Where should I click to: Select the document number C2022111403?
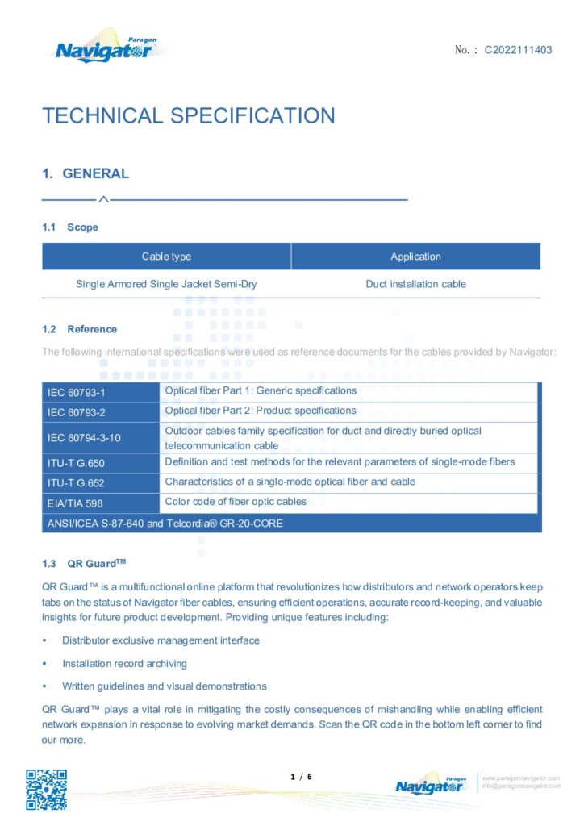[518, 50]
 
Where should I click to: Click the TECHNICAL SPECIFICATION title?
[188, 115]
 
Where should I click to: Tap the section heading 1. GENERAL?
[86, 173]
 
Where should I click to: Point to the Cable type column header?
[166, 257]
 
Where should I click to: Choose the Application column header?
[415, 257]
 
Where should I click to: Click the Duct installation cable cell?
[415, 284]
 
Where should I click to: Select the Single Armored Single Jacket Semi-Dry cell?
[166, 284]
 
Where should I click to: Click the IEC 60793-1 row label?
[72, 392]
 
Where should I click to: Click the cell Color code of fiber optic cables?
[236, 502]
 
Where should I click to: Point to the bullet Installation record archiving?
[124, 664]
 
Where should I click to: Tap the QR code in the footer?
[46, 790]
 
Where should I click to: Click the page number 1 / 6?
[301, 777]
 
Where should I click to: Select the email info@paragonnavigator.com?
[521, 786]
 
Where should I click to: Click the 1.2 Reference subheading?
[79, 329]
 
